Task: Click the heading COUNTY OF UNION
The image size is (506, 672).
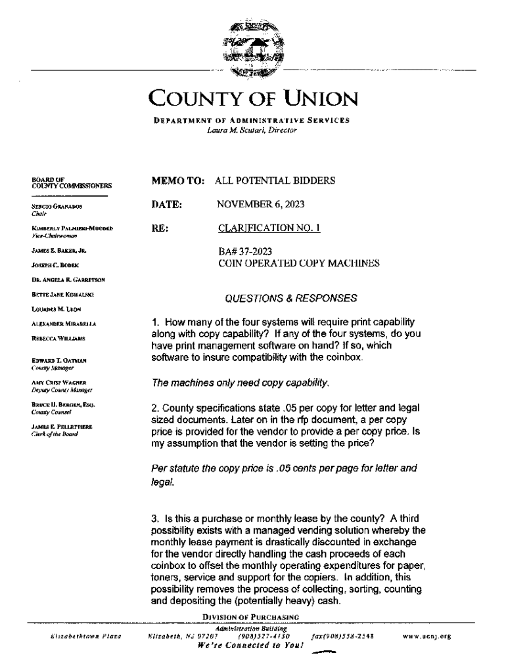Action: click(253, 100)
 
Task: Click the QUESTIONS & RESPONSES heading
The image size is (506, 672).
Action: click(291, 299)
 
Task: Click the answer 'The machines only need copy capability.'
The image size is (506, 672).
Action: click(240, 382)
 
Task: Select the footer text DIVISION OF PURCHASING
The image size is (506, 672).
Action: click(251, 617)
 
